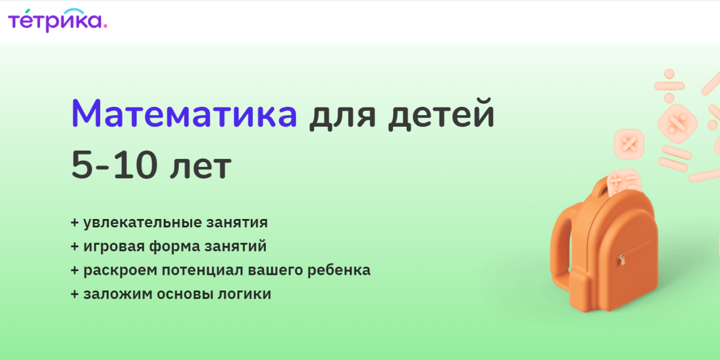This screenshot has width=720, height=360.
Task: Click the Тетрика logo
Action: [x=58, y=20]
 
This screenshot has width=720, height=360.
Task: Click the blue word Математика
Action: [x=184, y=114]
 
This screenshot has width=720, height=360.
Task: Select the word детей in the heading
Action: [x=441, y=115]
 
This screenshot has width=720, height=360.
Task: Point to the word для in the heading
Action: [x=343, y=116]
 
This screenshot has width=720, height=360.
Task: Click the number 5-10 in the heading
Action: [x=114, y=164]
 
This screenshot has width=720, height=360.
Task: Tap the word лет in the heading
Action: [x=200, y=168]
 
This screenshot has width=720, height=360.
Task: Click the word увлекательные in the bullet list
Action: [x=143, y=223]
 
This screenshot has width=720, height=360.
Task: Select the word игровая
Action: [x=114, y=247]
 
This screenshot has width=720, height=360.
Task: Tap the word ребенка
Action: [x=339, y=269]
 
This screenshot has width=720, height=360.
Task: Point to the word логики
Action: [x=244, y=294]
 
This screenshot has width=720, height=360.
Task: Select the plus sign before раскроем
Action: [x=74, y=271]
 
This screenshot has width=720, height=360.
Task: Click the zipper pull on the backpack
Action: [x=622, y=260]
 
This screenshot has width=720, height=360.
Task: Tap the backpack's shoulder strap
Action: [x=562, y=244]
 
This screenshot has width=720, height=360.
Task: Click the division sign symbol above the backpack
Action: [x=670, y=86]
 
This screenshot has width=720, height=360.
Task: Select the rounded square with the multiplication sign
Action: [x=629, y=144]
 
